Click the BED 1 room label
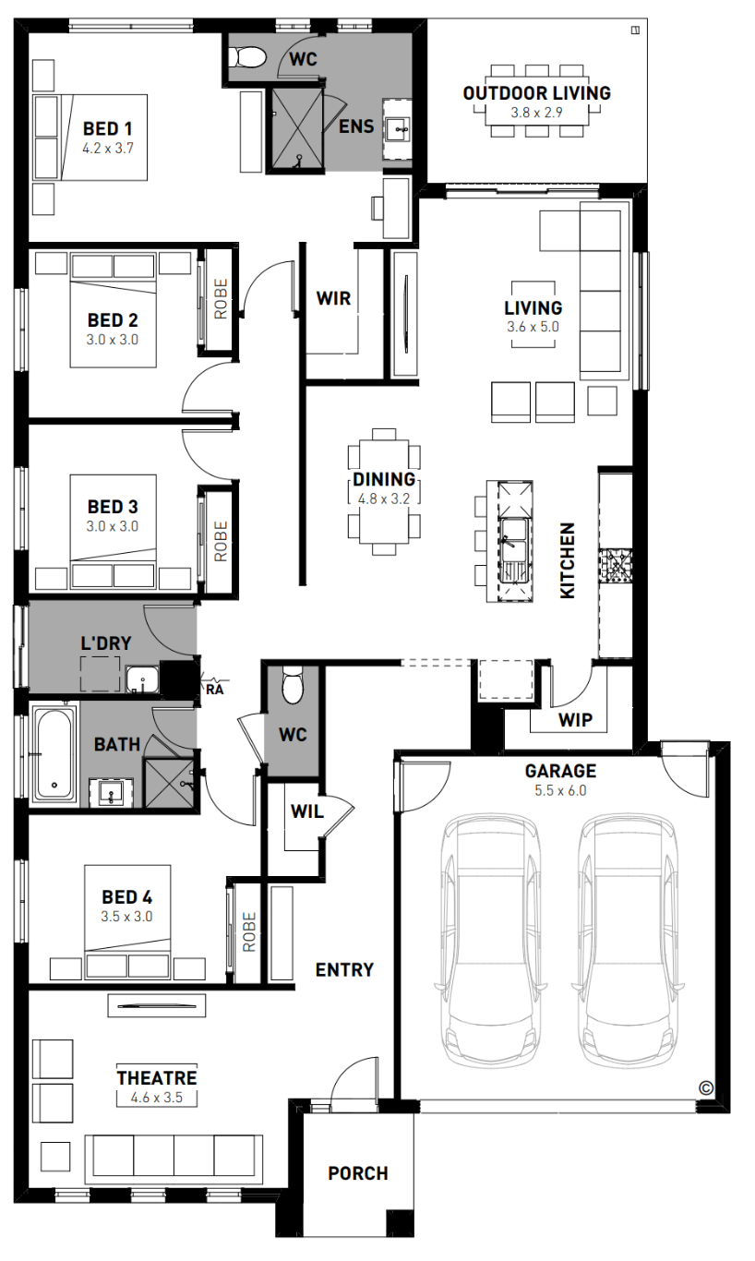[108, 129]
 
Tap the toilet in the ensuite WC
[247, 57]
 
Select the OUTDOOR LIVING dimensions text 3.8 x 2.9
[536, 113]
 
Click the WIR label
[333, 298]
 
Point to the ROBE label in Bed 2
[221, 299]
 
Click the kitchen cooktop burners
[616, 566]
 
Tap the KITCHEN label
[568, 560]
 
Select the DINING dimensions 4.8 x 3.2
[384, 498]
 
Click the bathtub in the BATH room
[54, 755]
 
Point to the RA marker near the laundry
[214, 689]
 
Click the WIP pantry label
[575, 719]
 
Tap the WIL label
[306, 811]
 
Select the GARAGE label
[560, 771]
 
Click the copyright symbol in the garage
[706, 1087]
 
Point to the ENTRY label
[344, 969]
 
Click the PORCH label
[358, 1173]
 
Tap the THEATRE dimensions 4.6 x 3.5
[157, 1098]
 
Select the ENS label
[356, 126]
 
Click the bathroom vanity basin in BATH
[112, 794]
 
